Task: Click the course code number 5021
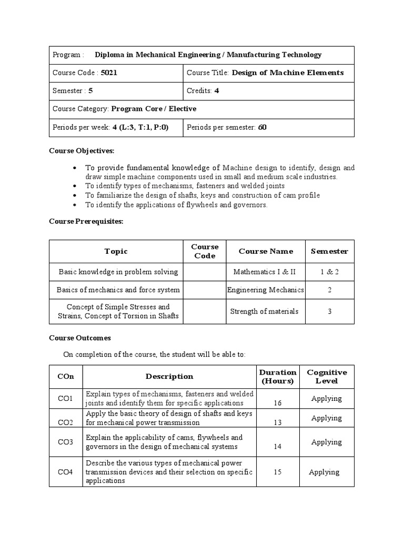pos(109,73)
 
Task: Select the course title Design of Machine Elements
pos(288,73)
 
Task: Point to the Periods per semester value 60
pos(262,127)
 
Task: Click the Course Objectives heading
pos(82,151)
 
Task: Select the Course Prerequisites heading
pos(86,221)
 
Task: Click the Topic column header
pos(116,251)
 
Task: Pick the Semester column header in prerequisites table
pos(329,251)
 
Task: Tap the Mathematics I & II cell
pos(265,272)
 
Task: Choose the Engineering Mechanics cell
pos(265,289)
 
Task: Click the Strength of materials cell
pos(264,311)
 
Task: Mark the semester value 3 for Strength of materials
pos(329,311)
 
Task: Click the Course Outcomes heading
pos(80,338)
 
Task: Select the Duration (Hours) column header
pos(278,376)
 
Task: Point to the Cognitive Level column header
pos(326,376)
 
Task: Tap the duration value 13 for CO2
pos(278,422)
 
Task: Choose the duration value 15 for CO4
pos(278,472)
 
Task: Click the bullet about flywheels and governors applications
pos(176,205)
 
